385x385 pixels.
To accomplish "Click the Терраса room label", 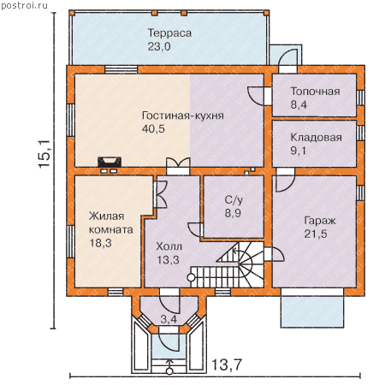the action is coord(169,33).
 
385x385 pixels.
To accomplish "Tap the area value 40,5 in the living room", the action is coord(153,129).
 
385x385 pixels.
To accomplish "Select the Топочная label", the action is coord(315,92).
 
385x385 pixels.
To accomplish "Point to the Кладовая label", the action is coord(316,138).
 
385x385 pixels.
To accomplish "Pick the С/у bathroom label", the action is coord(234,200).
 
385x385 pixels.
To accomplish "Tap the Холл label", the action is coord(169,246).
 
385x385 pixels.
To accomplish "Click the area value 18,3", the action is coord(101,243).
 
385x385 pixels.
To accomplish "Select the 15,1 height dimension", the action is coord(44,154).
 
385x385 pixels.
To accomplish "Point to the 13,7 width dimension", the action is coord(227,364).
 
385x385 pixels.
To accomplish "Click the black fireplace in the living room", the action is coord(110,162).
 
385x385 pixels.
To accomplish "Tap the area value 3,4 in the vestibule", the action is coord(169,319).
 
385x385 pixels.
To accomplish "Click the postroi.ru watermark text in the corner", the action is coord(25,6).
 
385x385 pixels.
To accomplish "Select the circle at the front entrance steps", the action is coord(169,371).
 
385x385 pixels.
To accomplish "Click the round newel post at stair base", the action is coord(191,277).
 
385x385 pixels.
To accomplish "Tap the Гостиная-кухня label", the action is coord(183,115).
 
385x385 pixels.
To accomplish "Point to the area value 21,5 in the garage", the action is coord(316,234).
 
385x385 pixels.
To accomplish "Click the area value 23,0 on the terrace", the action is coord(159,46).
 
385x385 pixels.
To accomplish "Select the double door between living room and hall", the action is coord(178,166).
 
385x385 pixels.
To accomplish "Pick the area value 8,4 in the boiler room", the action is coord(299,104).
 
